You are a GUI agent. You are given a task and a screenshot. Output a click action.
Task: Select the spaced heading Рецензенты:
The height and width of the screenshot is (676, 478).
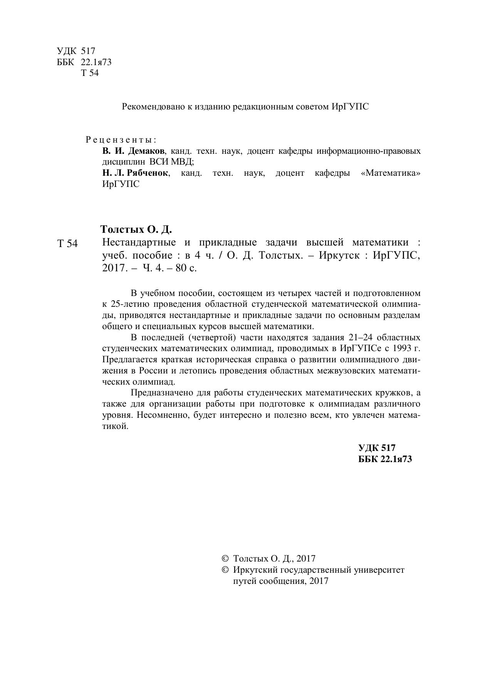[x=121, y=139]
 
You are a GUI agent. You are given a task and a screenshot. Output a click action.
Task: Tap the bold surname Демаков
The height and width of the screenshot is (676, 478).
[x=146, y=151]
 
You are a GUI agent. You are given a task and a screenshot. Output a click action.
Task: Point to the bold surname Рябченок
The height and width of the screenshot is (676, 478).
[x=148, y=173]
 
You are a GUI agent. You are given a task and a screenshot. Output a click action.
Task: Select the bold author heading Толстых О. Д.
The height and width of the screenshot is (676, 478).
[x=136, y=230]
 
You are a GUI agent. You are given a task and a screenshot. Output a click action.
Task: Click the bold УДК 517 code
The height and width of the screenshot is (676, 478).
[x=377, y=448]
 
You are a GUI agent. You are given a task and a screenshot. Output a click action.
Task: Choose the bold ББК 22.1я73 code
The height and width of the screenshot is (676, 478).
[x=385, y=459]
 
